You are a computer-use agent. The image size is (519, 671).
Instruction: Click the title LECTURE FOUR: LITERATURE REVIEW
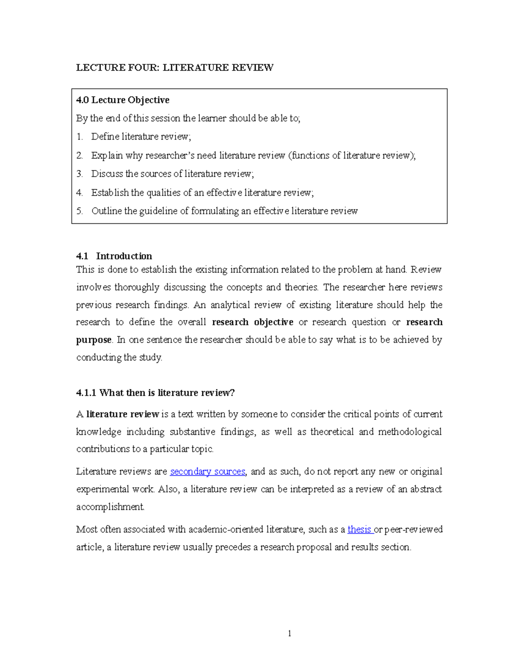(x=174, y=67)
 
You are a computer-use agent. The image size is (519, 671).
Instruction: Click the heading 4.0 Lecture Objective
(x=122, y=100)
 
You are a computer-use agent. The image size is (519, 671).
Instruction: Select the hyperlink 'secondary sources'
(x=208, y=471)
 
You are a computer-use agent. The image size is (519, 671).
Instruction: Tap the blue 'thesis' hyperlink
(x=359, y=529)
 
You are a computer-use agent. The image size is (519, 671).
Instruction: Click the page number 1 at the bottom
(x=289, y=633)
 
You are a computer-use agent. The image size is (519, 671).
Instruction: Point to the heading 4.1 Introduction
(x=114, y=256)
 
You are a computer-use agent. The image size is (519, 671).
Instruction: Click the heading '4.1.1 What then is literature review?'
(x=155, y=392)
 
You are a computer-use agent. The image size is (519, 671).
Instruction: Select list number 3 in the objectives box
(x=79, y=174)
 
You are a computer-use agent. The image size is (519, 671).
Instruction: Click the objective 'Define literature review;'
(x=141, y=137)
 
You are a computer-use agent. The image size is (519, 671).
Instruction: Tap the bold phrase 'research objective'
(x=253, y=322)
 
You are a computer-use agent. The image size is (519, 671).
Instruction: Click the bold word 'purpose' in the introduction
(x=94, y=340)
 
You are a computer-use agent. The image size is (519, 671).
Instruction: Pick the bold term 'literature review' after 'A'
(x=123, y=414)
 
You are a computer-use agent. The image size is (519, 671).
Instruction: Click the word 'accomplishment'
(x=110, y=506)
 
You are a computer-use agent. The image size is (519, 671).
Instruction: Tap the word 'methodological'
(x=410, y=432)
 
